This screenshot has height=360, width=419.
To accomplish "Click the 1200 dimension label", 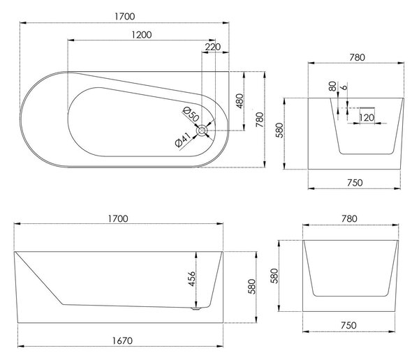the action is click(x=142, y=35).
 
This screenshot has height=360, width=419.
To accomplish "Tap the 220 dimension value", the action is click(x=213, y=47).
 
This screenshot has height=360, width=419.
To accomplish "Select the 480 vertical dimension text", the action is click(x=240, y=101).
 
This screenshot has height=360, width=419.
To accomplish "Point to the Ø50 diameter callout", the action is click(x=191, y=114).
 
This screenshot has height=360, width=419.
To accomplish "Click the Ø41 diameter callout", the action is click(x=183, y=140).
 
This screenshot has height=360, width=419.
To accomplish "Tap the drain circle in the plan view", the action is click(x=202, y=130).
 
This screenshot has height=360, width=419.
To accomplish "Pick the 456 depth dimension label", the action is click(x=192, y=279).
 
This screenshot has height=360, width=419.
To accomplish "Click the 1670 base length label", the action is click(x=122, y=340).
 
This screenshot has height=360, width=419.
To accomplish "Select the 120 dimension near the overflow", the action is click(x=367, y=117).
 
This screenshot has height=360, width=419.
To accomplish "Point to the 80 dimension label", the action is click(x=332, y=87).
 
